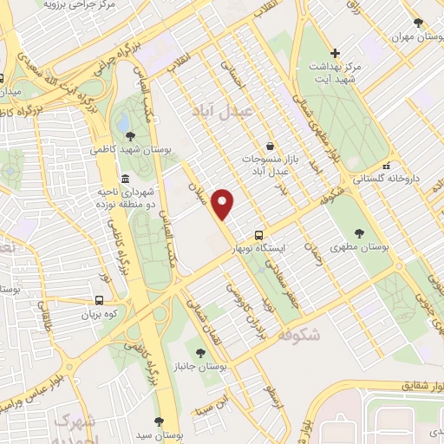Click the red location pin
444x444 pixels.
point(224,203)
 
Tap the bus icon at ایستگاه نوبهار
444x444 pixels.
point(258,235)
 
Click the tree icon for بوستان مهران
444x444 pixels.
point(418,23)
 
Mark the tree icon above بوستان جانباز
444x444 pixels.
point(201,353)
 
